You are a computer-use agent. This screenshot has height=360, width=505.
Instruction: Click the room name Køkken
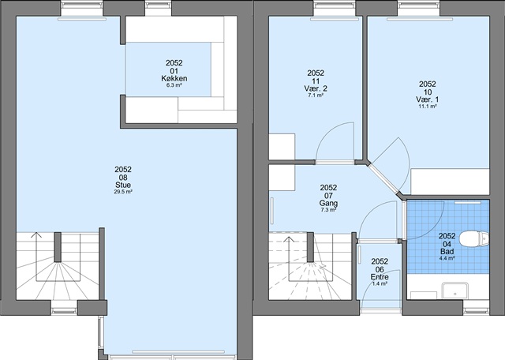[174, 78]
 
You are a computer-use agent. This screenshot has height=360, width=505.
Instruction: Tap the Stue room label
[123, 185]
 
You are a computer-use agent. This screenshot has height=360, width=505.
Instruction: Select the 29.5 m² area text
[123, 192]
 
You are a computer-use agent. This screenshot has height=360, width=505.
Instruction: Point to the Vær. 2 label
[316, 88]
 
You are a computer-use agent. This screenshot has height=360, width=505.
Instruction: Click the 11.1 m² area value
[428, 106]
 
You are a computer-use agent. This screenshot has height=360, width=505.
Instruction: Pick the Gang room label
[328, 204]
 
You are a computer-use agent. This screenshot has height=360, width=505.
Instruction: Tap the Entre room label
[380, 277]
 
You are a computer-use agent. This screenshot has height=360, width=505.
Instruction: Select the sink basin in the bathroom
[454, 291]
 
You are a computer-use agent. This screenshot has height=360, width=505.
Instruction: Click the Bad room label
[447, 251]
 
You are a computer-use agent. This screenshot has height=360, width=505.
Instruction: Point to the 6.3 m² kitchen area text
[174, 85]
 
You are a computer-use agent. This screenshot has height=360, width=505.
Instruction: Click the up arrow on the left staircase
[36, 234]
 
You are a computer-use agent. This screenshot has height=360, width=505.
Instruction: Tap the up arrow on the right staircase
[289, 239]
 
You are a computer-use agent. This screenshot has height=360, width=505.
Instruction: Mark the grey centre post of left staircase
[58, 247]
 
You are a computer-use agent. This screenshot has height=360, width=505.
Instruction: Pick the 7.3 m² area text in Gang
[328, 210]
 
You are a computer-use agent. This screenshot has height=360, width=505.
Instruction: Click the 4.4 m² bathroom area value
[447, 258]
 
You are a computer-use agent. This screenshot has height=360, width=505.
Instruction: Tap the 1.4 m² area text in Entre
[380, 283]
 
